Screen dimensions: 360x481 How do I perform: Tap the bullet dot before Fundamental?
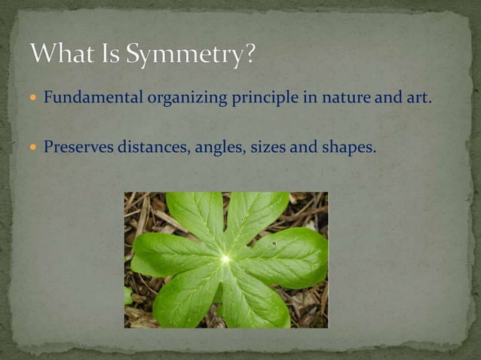pyautogui.click(x=33, y=99)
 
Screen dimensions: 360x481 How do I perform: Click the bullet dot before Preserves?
pyautogui.click(x=33, y=147)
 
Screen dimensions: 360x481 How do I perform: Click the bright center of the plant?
pyautogui.click(x=225, y=259)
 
